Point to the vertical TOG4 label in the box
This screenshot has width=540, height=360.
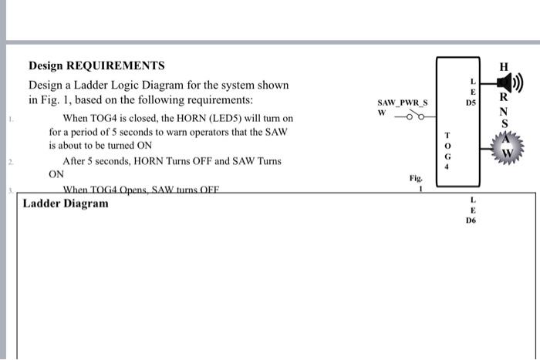(x=446, y=149)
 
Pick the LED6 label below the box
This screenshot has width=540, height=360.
(x=471, y=210)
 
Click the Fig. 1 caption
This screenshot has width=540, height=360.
(x=414, y=182)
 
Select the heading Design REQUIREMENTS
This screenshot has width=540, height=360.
(x=96, y=66)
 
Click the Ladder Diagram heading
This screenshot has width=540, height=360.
(x=66, y=204)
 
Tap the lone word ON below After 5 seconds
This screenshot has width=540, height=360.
(x=56, y=174)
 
